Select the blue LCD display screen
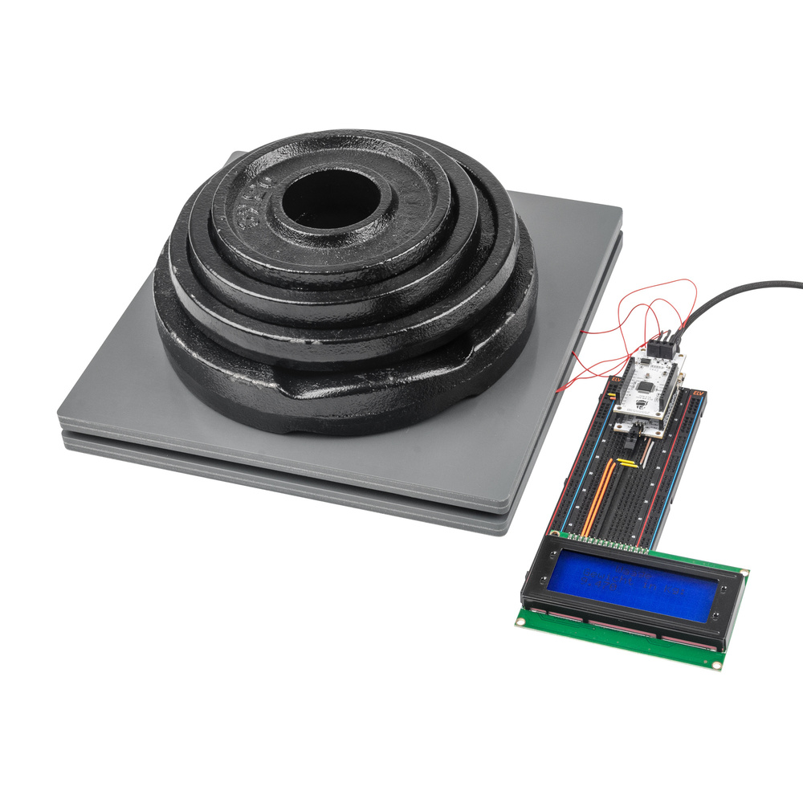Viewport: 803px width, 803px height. click(634, 585)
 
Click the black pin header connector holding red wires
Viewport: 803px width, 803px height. click(661, 348)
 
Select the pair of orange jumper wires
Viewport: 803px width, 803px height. click(599, 498)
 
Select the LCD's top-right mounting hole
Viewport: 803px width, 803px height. click(744, 573)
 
